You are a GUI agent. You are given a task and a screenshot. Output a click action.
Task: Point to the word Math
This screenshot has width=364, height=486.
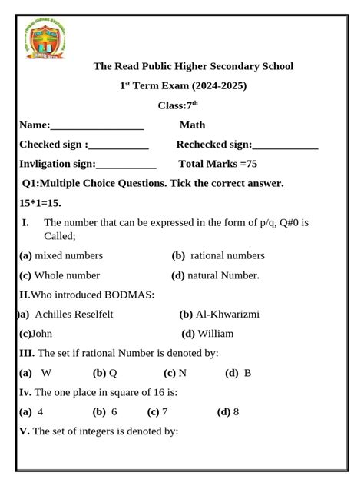[x=193, y=125]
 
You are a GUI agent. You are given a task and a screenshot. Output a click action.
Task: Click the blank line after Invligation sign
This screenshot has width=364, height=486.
[x=126, y=164]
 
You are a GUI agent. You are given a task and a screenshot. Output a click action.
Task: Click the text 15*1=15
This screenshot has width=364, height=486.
[x=40, y=203]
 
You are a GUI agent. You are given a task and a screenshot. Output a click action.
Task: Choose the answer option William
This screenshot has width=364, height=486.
[x=215, y=334]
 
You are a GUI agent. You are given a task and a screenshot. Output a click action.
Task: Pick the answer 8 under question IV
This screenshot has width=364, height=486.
[x=236, y=411]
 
